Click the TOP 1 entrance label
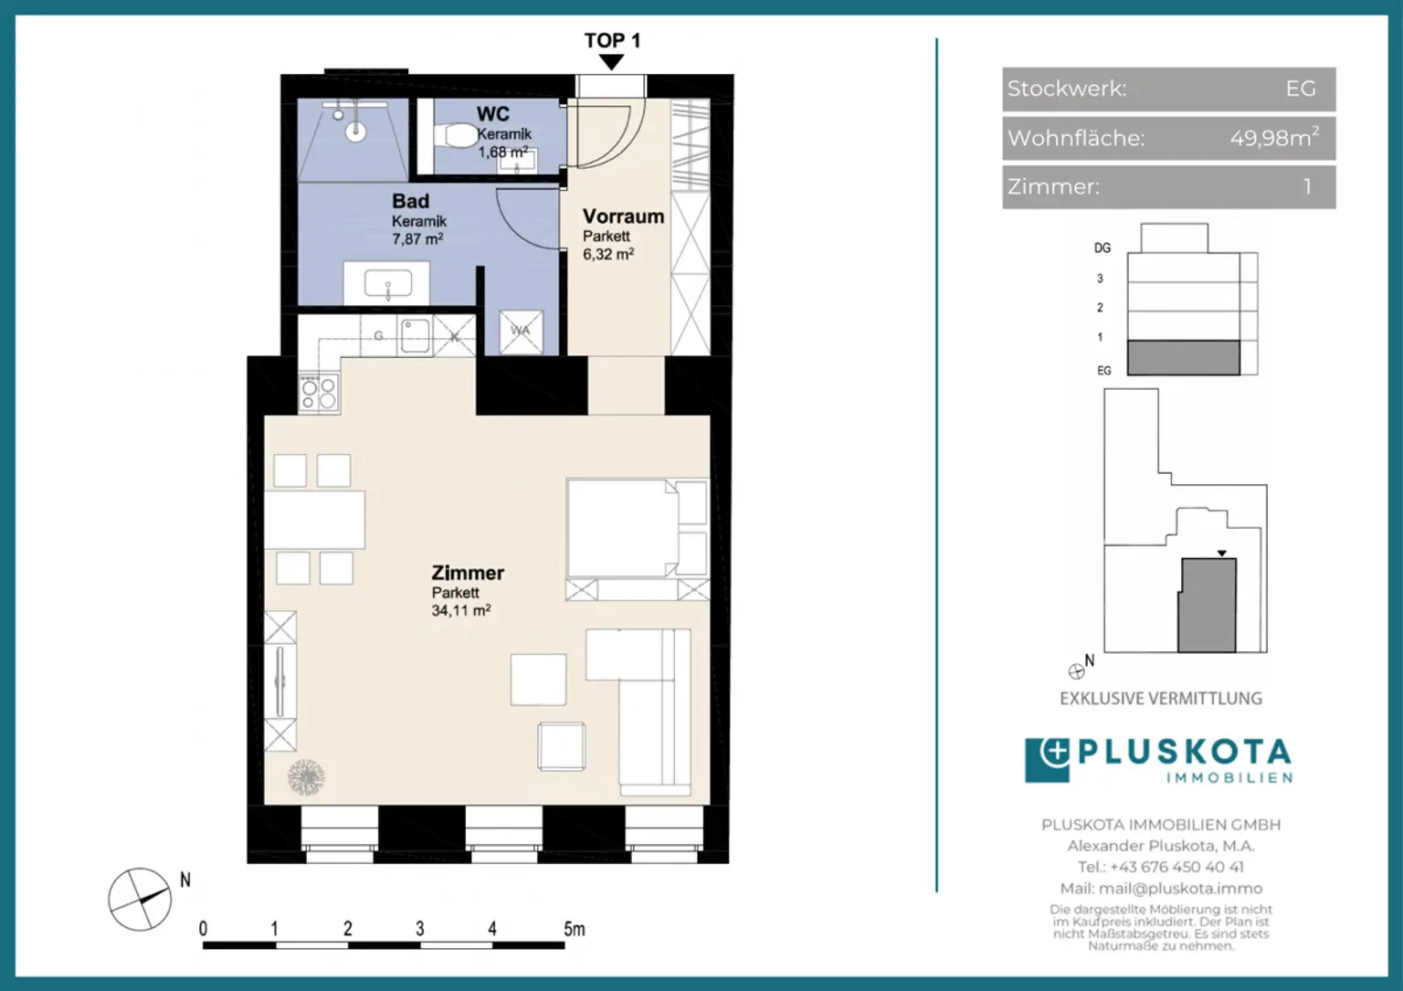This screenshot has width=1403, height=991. [612, 40]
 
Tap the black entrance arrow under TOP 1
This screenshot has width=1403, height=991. [611, 62]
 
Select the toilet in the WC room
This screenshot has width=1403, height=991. [457, 136]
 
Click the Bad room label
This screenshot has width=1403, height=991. [410, 201]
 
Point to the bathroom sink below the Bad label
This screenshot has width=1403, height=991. [387, 284]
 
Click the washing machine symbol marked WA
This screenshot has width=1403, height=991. [521, 331]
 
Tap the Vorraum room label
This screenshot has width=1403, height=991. [623, 216]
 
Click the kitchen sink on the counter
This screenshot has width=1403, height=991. [414, 335]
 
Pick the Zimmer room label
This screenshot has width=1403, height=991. [468, 573]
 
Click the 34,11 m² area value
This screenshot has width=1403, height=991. [460, 610]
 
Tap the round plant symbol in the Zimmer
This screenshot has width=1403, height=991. [306, 777]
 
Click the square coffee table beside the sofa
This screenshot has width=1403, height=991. [538, 679]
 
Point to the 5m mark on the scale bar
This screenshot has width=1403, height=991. [573, 929]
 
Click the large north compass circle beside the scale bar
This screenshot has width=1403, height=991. [139, 899]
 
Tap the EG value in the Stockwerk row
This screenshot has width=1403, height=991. [1300, 89]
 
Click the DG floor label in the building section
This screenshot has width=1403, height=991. [1102, 248]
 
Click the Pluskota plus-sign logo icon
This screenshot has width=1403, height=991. [1048, 760]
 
